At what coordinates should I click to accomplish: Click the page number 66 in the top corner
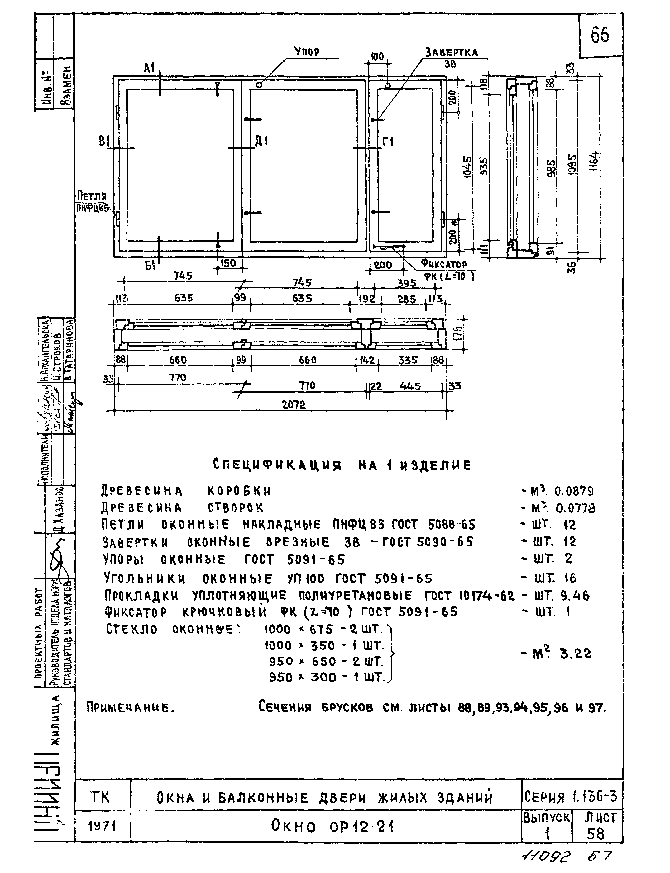click(600, 35)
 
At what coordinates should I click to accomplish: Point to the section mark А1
click(149, 68)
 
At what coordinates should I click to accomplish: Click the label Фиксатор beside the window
click(443, 264)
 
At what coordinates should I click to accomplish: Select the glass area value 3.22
click(576, 653)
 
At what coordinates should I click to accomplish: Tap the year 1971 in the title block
click(102, 826)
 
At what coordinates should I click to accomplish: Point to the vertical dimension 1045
click(467, 167)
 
